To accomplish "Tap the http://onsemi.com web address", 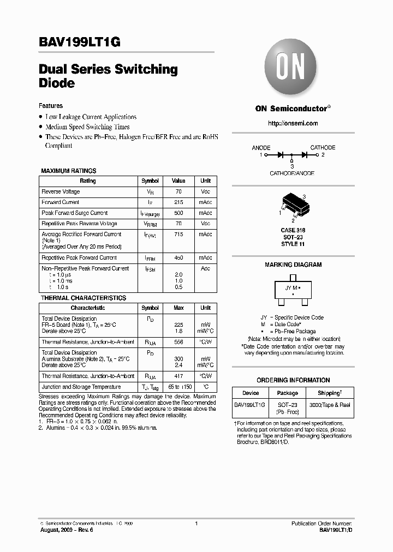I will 293,123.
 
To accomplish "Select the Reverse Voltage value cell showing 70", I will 178,192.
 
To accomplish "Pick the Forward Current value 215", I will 178,202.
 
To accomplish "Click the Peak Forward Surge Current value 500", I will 178,213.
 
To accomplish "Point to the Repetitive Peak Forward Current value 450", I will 178,258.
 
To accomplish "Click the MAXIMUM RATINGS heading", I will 69,171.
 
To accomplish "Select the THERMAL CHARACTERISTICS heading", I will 84,298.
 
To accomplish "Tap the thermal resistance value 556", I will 178,342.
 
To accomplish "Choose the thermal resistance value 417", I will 178,376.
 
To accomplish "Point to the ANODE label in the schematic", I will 261,148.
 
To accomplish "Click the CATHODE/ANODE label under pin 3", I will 292,173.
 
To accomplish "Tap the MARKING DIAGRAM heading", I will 293,265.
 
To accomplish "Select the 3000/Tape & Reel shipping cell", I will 330,405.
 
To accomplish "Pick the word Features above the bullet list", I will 51,106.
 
